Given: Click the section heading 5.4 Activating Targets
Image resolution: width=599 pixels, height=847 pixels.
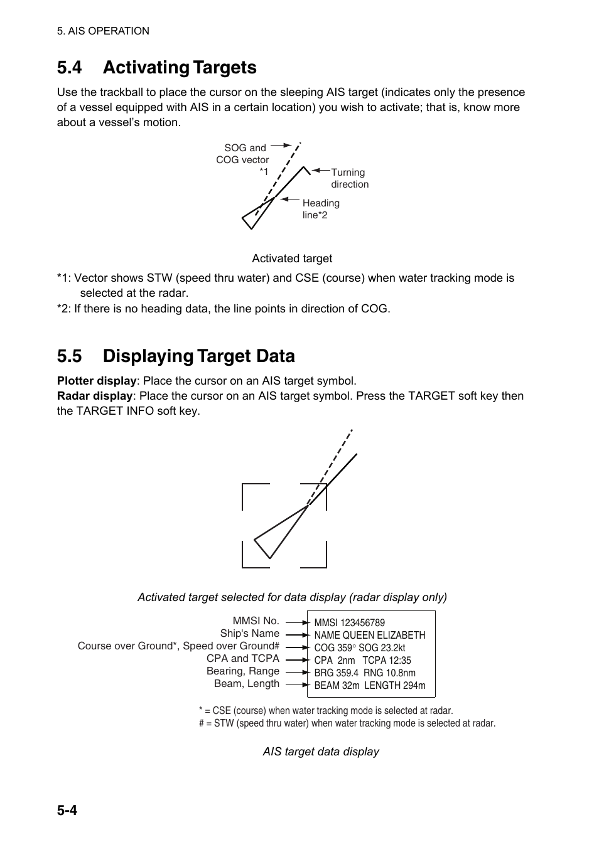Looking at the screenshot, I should coord(156,68).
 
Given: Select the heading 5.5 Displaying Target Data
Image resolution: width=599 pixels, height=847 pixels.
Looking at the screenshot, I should coord(175,356).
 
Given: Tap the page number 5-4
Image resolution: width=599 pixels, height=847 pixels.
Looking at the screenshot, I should coord(67,810).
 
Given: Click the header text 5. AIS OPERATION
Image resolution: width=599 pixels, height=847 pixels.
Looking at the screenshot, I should coord(103,31).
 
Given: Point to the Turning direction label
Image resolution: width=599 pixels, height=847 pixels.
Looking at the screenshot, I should coord(349,178).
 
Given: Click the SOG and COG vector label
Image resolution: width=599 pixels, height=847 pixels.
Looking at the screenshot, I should coord(244,154).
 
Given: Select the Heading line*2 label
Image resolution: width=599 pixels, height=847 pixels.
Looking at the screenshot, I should coord(321,209).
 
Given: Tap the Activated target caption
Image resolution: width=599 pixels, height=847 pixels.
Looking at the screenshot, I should coord(292,258).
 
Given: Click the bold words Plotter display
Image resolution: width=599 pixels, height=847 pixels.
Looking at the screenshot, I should coord(96,381).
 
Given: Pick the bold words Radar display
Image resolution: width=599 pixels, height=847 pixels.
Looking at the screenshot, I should coord(94,396).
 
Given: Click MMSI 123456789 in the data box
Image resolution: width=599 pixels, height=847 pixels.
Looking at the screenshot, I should coord(349,623).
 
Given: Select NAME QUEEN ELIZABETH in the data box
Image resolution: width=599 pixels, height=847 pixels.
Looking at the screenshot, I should coord(369,636).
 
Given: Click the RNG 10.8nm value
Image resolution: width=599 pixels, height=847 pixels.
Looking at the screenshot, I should coord(389,673).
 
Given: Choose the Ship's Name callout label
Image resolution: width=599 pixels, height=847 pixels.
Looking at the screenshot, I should coord(249,634).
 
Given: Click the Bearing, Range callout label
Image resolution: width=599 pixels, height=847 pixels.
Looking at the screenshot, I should coord(242,671).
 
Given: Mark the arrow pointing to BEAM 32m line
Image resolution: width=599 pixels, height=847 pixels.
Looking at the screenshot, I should coord(297,685).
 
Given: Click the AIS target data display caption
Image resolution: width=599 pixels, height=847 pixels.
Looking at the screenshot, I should coord(320,752).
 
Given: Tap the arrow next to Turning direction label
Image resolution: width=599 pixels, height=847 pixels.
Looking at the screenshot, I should coord(321,170).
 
